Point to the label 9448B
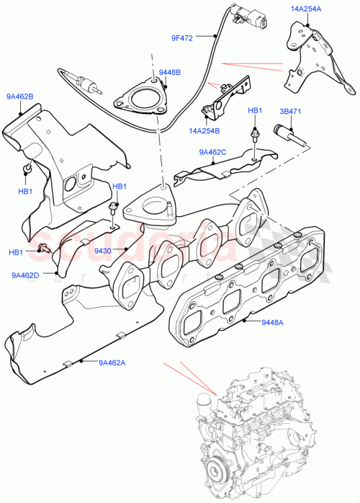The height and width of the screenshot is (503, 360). coord(170,72)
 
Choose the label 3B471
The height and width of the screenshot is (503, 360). coord(291,112)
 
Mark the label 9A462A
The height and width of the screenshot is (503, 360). coord(112,362)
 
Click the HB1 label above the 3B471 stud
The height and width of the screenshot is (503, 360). coord(255,110)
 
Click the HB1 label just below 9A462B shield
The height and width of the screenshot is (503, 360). coord(25,192)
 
